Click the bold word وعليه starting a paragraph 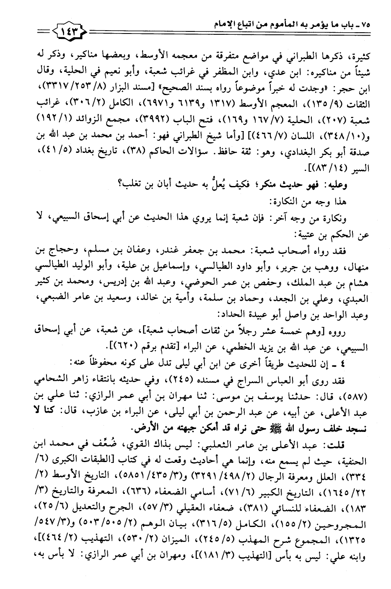coord(351,182)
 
